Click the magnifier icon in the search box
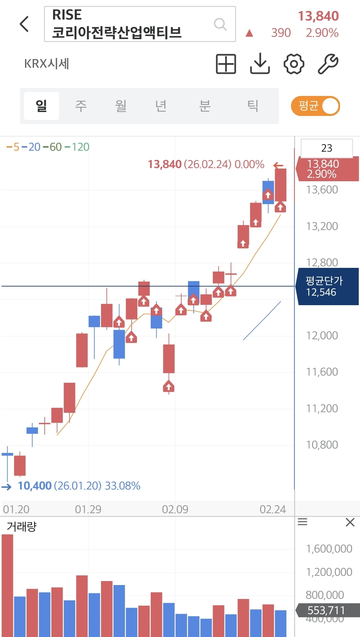click(220, 24)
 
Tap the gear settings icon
click(294, 64)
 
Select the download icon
click(260, 64)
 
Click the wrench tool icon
click(328, 64)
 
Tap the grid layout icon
click(226, 64)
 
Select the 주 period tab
click(81, 106)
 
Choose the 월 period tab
click(121, 106)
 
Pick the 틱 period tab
click(253, 106)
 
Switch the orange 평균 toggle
click(315, 106)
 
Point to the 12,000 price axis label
click(322, 335)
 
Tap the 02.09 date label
click(175, 509)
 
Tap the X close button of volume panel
click(350, 522)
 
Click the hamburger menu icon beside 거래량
click(302, 522)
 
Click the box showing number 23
click(327, 148)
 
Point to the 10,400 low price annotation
click(35, 486)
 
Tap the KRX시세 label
click(47, 64)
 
